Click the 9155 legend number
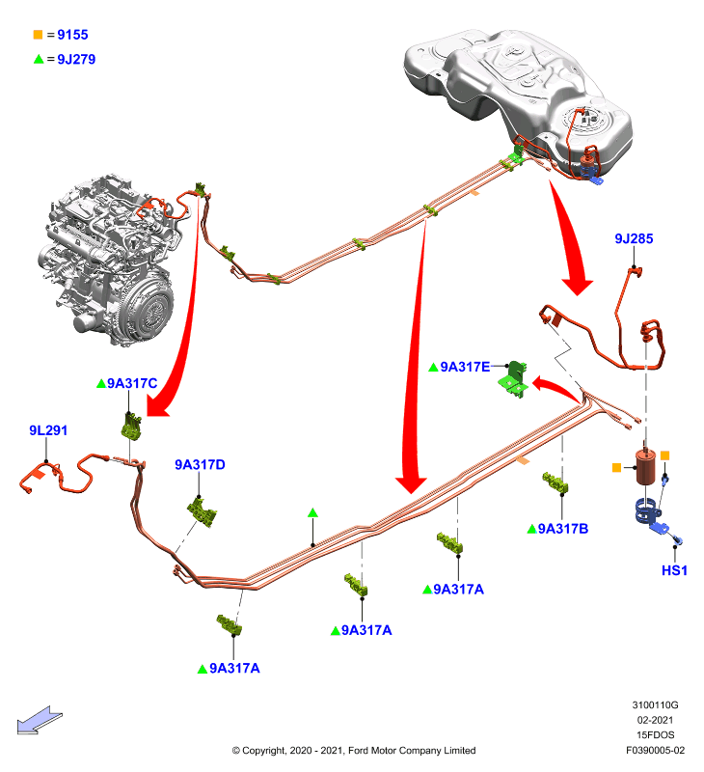tap(72, 35)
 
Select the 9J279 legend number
tap(76, 60)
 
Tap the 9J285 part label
tap(634, 238)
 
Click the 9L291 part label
tap(48, 430)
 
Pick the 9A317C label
tap(132, 383)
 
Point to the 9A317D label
tap(200, 465)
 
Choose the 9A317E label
tap(465, 367)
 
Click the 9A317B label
tap(563, 529)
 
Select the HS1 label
tap(674, 570)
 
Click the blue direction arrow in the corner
tap(40, 720)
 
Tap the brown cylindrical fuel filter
tap(645, 467)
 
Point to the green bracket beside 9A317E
tap(515, 380)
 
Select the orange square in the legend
tap(38, 35)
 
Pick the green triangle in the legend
tap(39, 60)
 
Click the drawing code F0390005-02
tap(655, 751)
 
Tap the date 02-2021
tap(655, 720)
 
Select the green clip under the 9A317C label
tap(131, 426)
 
